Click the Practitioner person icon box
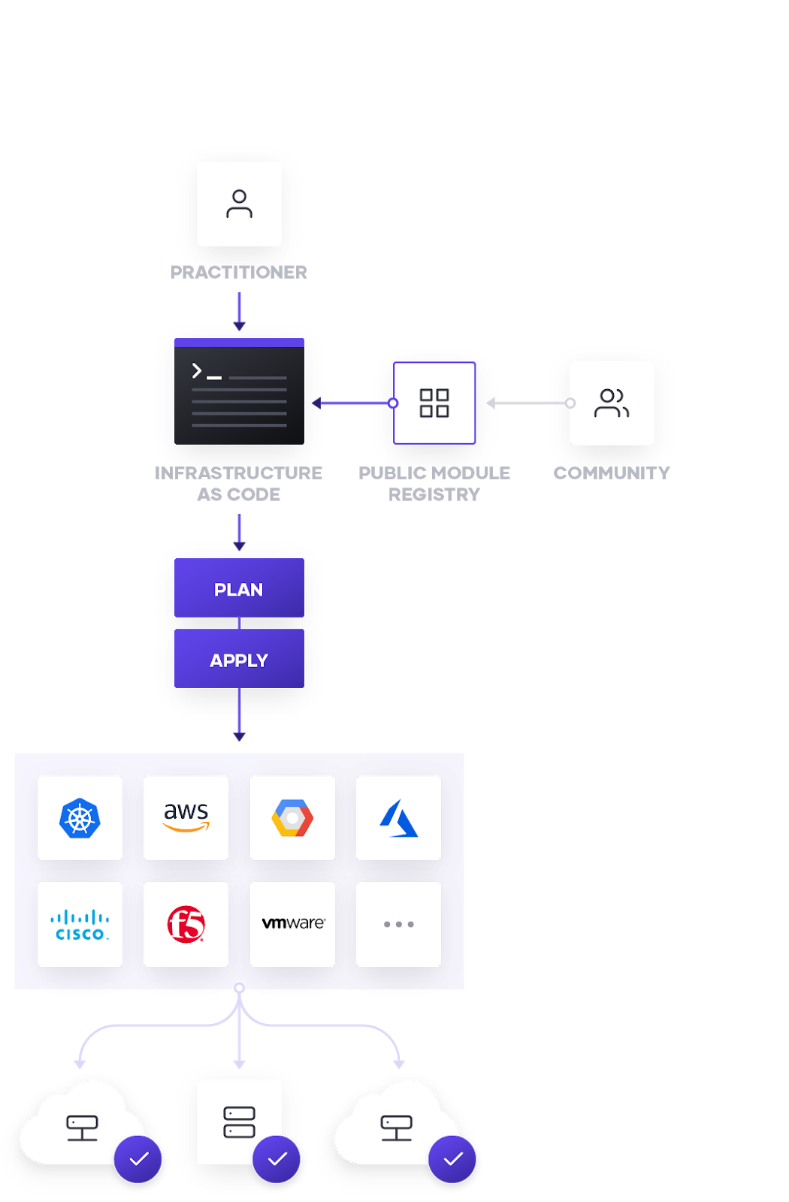tap(239, 204)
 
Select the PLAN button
tap(239, 588)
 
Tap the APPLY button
tap(239, 659)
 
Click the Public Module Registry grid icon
tap(434, 403)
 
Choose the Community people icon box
tap(612, 403)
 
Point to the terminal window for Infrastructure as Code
tap(239, 391)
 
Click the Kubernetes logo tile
tap(80, 817)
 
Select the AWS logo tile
tap(186, 817)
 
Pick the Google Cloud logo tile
tap(292, 817)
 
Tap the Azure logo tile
tap(398, 817)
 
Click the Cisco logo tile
tap(80, 924)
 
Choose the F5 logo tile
tap(186, 924)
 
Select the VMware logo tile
tap(292, 924)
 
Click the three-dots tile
tap(398, 924)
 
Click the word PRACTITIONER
tap(239, 272)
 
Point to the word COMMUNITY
tap(612, 473)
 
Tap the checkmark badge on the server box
tap(277, 1159)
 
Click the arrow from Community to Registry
tap(528, 403)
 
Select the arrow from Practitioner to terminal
tap(239, 310)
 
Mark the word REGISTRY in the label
tap(434, 494)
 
